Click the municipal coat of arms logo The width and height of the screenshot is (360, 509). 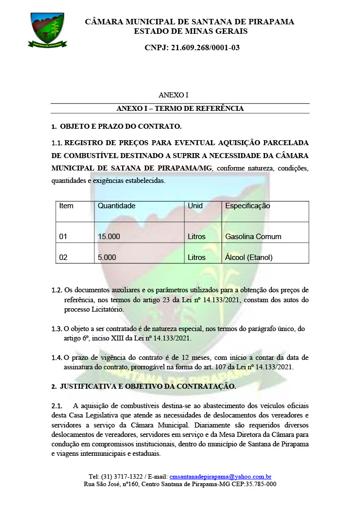coord(47,29)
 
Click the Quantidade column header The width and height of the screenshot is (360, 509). coord(116,206)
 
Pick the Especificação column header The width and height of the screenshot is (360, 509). coord(248,206)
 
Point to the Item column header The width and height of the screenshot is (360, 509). coord(66,206)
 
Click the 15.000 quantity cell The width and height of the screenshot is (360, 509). coord(109,237)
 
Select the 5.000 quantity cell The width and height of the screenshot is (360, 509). coord(107,257)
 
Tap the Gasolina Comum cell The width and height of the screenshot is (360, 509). coord(253,237)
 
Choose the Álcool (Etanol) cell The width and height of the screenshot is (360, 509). coord(249,257)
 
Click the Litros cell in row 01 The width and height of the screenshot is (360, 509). coord(196,237)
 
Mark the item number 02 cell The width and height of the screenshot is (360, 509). coord(63,257)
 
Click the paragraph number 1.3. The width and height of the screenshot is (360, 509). coord(57,329)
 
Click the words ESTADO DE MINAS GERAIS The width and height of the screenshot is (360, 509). coord(190,31)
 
